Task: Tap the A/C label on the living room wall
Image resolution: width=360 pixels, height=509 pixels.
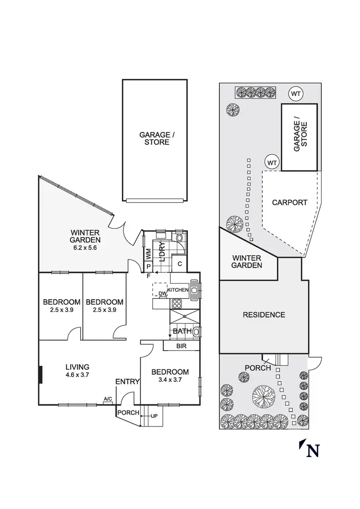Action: pyautogui.click(x=108, y=399)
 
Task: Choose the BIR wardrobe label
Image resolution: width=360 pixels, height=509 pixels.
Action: pyautogui.click(x=181, y=345)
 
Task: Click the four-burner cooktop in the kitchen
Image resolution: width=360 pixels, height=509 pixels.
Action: pyautogui.click(x=176, y=303)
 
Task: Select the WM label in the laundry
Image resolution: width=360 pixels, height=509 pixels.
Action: pyautogui.click(x=148, y=253)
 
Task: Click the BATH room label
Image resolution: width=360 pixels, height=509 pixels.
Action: pyautogui.click(x=181, y=331)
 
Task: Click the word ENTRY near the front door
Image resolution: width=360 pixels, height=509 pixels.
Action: pyautogui.click(x=127, y=382)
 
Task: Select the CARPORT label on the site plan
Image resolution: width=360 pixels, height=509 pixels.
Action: pyautogui.click(x=289, y=202)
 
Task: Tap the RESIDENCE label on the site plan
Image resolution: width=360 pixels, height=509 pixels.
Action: pyautogui.click(x=264, y=315)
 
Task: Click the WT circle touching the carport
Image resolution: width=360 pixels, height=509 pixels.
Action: pyautogui.click(x=272, y=162)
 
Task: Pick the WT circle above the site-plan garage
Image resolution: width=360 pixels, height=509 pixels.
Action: pyautogui.click(x=296, y=94)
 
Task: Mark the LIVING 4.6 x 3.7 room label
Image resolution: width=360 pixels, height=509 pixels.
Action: pyautogui.click(x=77, y=371)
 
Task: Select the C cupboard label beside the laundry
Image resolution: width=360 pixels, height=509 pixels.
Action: pyautogui.click(x=179, y=263)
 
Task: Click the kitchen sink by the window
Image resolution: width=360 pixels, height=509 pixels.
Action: pyautogui.click(x=194, y=289)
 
